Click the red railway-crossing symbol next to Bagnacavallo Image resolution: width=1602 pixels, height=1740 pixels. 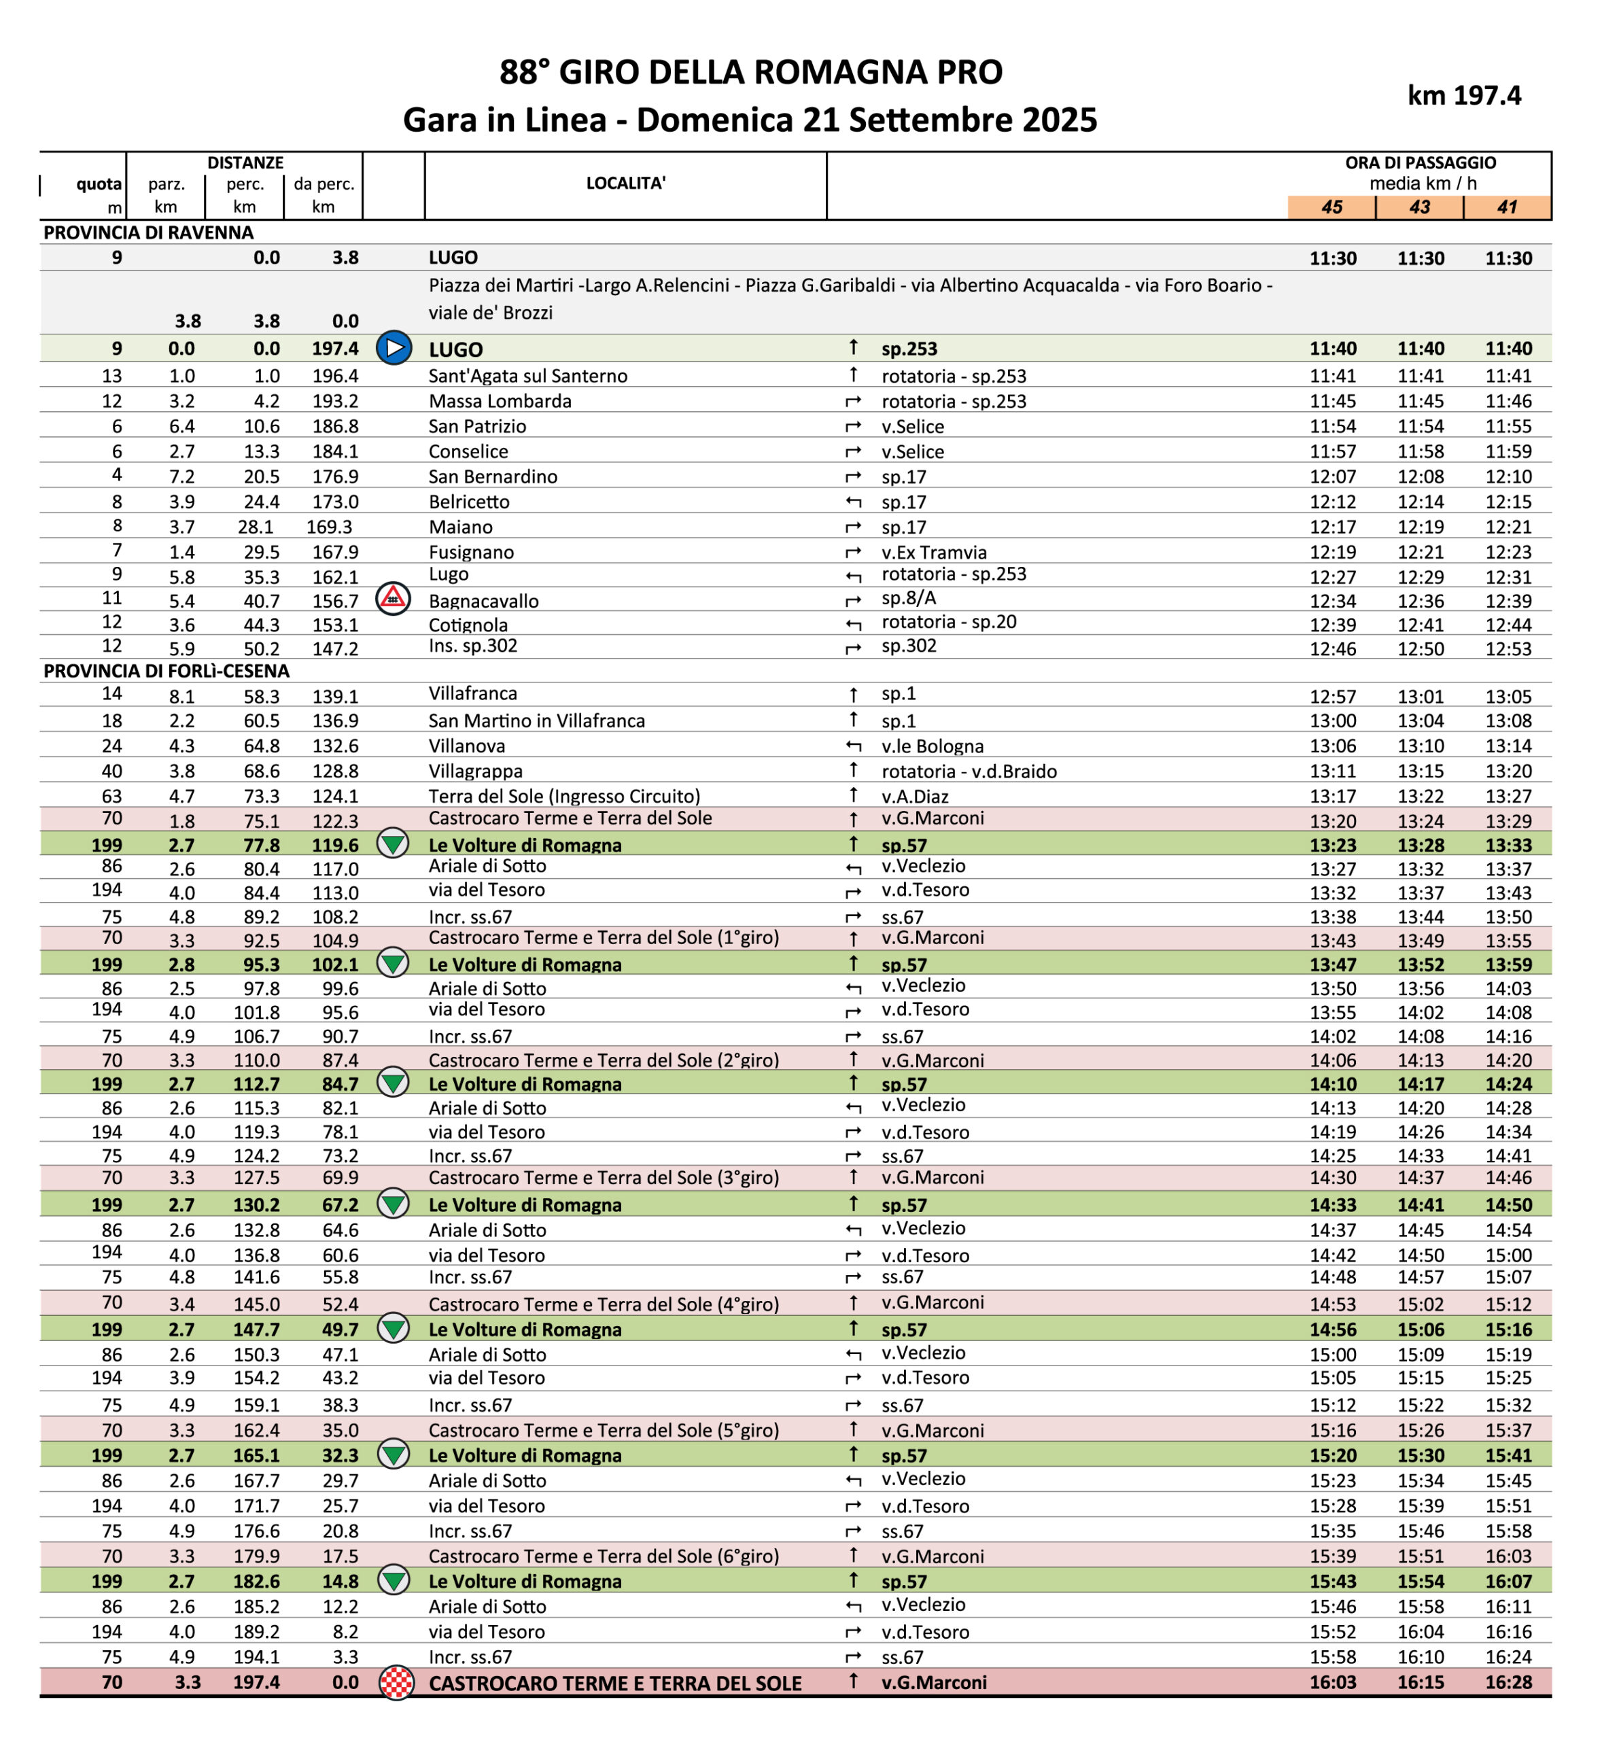[393, 598]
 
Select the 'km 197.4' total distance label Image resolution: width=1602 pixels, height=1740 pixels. [1463, 95]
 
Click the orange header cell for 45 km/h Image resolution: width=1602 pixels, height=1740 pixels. [1331, 207]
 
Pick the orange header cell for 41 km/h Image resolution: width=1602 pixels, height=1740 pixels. [1507, 207]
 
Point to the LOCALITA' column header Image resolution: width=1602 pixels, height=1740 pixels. [625, 183]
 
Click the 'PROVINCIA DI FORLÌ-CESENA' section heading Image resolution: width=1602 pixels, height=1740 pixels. [167, 670]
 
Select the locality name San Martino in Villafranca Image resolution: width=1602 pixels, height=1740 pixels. [536, 720]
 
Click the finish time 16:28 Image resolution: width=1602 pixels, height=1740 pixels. [1508, 1682]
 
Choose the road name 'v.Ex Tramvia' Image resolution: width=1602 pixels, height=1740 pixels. [934, 553]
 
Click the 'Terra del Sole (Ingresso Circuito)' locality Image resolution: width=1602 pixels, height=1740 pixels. [564, 796]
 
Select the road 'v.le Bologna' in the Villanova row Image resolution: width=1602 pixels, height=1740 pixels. [932, 746]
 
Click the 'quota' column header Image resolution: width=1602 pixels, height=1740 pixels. [99, 184]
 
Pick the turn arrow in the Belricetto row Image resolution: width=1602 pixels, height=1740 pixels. [853, 502]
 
